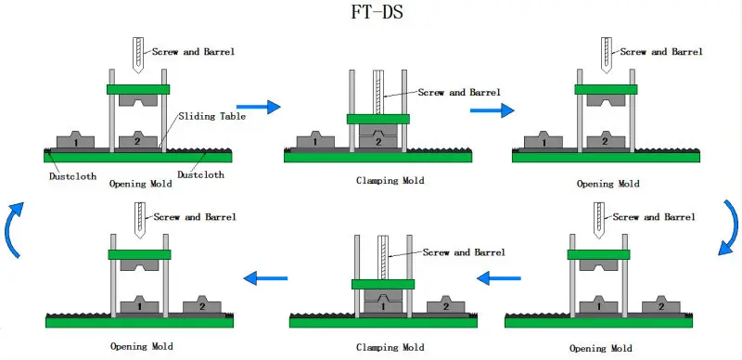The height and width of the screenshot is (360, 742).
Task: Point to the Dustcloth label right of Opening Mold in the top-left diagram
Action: pos(202,174)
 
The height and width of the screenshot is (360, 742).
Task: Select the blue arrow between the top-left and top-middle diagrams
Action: pos(259,108)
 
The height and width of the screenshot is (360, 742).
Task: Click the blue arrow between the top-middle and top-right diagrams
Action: pos(492,109)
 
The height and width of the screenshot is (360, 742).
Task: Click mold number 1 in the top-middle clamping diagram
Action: pos(315,142)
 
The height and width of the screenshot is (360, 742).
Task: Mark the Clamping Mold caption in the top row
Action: pos(390,181)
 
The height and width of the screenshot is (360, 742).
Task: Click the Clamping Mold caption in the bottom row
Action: pos(390,347)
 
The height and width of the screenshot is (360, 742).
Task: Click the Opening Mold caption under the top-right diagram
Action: pos(608,184)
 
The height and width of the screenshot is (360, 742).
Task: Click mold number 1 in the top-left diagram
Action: pos(74,142)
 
